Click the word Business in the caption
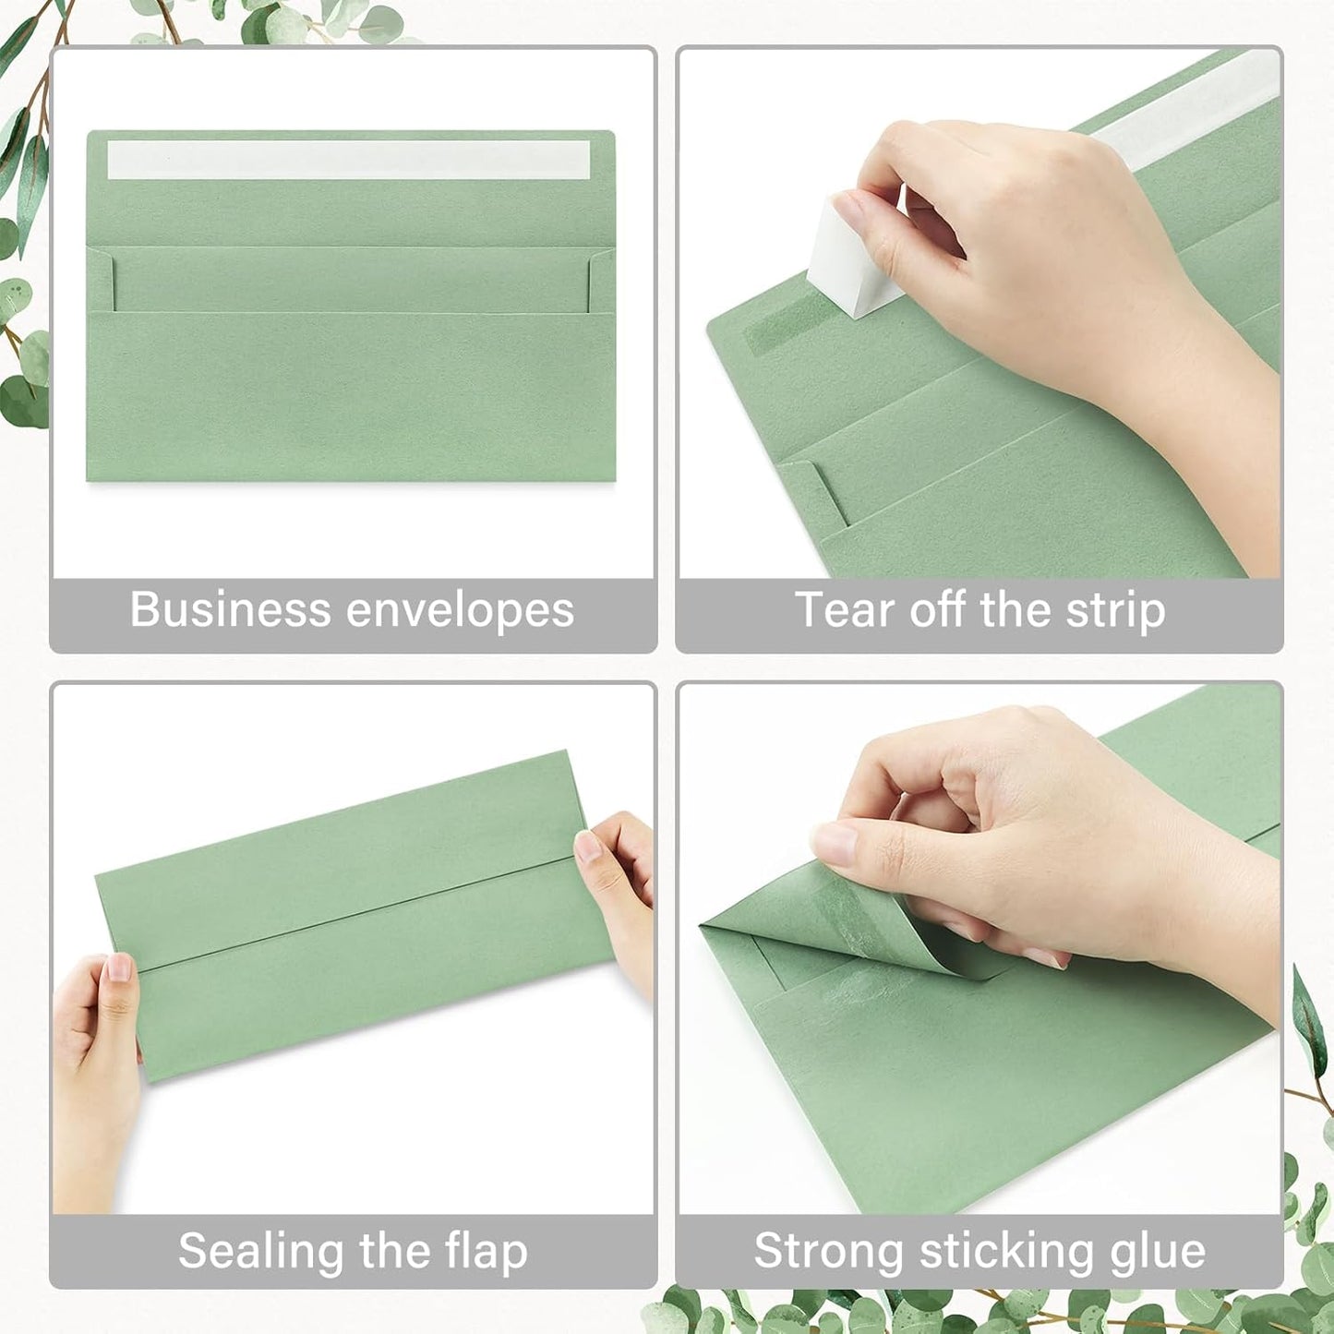230,609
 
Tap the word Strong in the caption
828,1253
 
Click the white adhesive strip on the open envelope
348,160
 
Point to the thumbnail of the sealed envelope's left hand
119,967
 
